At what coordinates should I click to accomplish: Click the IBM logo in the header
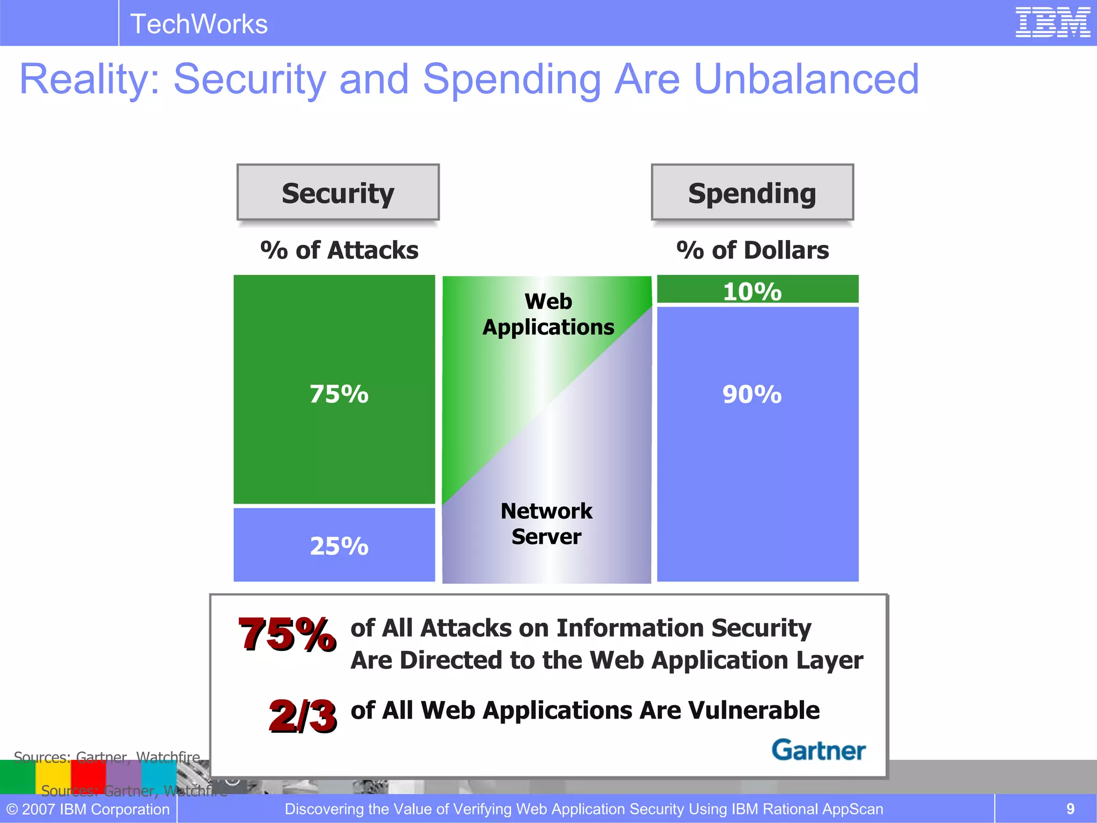pos(1052,23)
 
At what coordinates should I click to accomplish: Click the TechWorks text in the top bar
pos(199,24)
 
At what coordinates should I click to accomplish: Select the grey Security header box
pos(338,192)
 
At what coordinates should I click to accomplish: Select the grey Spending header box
pos(752,192)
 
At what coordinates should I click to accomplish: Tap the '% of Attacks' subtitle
pos(339,250)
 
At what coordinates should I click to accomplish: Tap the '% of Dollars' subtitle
pos(752,250)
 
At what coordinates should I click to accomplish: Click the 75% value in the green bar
pos(339,394)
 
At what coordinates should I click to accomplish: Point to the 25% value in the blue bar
pos(339,546)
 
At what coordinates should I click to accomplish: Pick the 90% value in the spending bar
pos(752,394)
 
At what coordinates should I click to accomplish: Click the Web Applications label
pos(548,314)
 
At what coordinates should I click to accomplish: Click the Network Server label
pos(546,523)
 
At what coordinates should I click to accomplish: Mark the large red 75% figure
pos(287,634)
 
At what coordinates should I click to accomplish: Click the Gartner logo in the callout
pos(818,750)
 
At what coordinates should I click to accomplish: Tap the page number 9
pos(1070,809)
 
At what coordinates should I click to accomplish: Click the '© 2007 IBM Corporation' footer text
pos(88,809)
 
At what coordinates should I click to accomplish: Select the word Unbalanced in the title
pos(806,79)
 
